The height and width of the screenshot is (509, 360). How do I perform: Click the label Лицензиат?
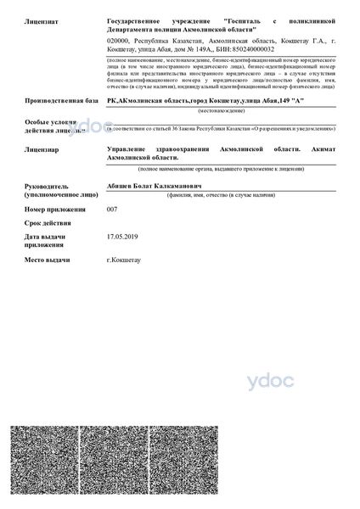[x=41, y=19]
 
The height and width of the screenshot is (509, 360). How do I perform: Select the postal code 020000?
[x=119, y=40]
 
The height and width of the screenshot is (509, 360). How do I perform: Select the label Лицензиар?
[x=41, y=148]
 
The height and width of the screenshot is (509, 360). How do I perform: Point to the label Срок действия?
[x=48, y=222]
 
